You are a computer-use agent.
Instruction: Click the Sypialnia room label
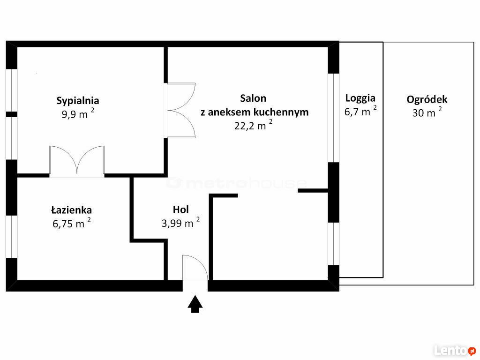[x=78, y=101]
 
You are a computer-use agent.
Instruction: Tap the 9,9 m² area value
[x=78, y=113]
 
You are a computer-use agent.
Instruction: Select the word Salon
[x=253, y=98]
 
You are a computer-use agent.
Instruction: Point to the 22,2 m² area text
[x=253, y=125]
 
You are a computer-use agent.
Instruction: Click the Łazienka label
[x=71, y=210]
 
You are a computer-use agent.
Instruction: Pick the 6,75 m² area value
[x=71, y=223]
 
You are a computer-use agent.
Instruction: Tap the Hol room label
[x=180, y=210]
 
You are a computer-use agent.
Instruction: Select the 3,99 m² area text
[x=180, y=223]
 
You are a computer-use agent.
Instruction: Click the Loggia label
[x=360, y=98]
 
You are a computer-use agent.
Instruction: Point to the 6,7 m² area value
[x=360, y=111]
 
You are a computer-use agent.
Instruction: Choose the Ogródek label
[x=427, y=99]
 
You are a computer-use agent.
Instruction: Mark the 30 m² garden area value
[x=427, y=112]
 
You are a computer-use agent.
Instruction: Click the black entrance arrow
[x=195, y=304]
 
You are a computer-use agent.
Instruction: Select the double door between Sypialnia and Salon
[x=180, y=110]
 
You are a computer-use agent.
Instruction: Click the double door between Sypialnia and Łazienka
[x=77, y=161]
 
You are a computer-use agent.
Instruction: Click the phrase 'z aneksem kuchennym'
[x=255, y=112]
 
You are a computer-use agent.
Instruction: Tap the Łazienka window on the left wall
[x=12, y=237]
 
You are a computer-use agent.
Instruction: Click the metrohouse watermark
[x=236, y=183]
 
